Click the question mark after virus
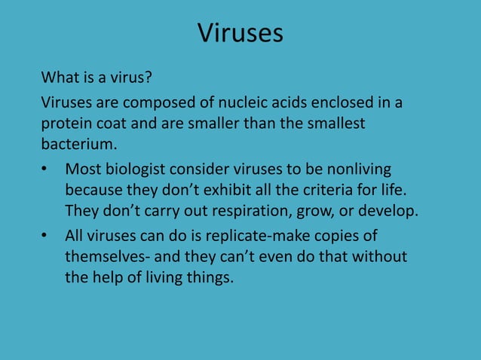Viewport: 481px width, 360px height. [x=149, y=78]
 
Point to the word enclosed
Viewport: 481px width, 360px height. [x=339, y=102]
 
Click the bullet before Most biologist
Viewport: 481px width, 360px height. [x=45, y=169]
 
